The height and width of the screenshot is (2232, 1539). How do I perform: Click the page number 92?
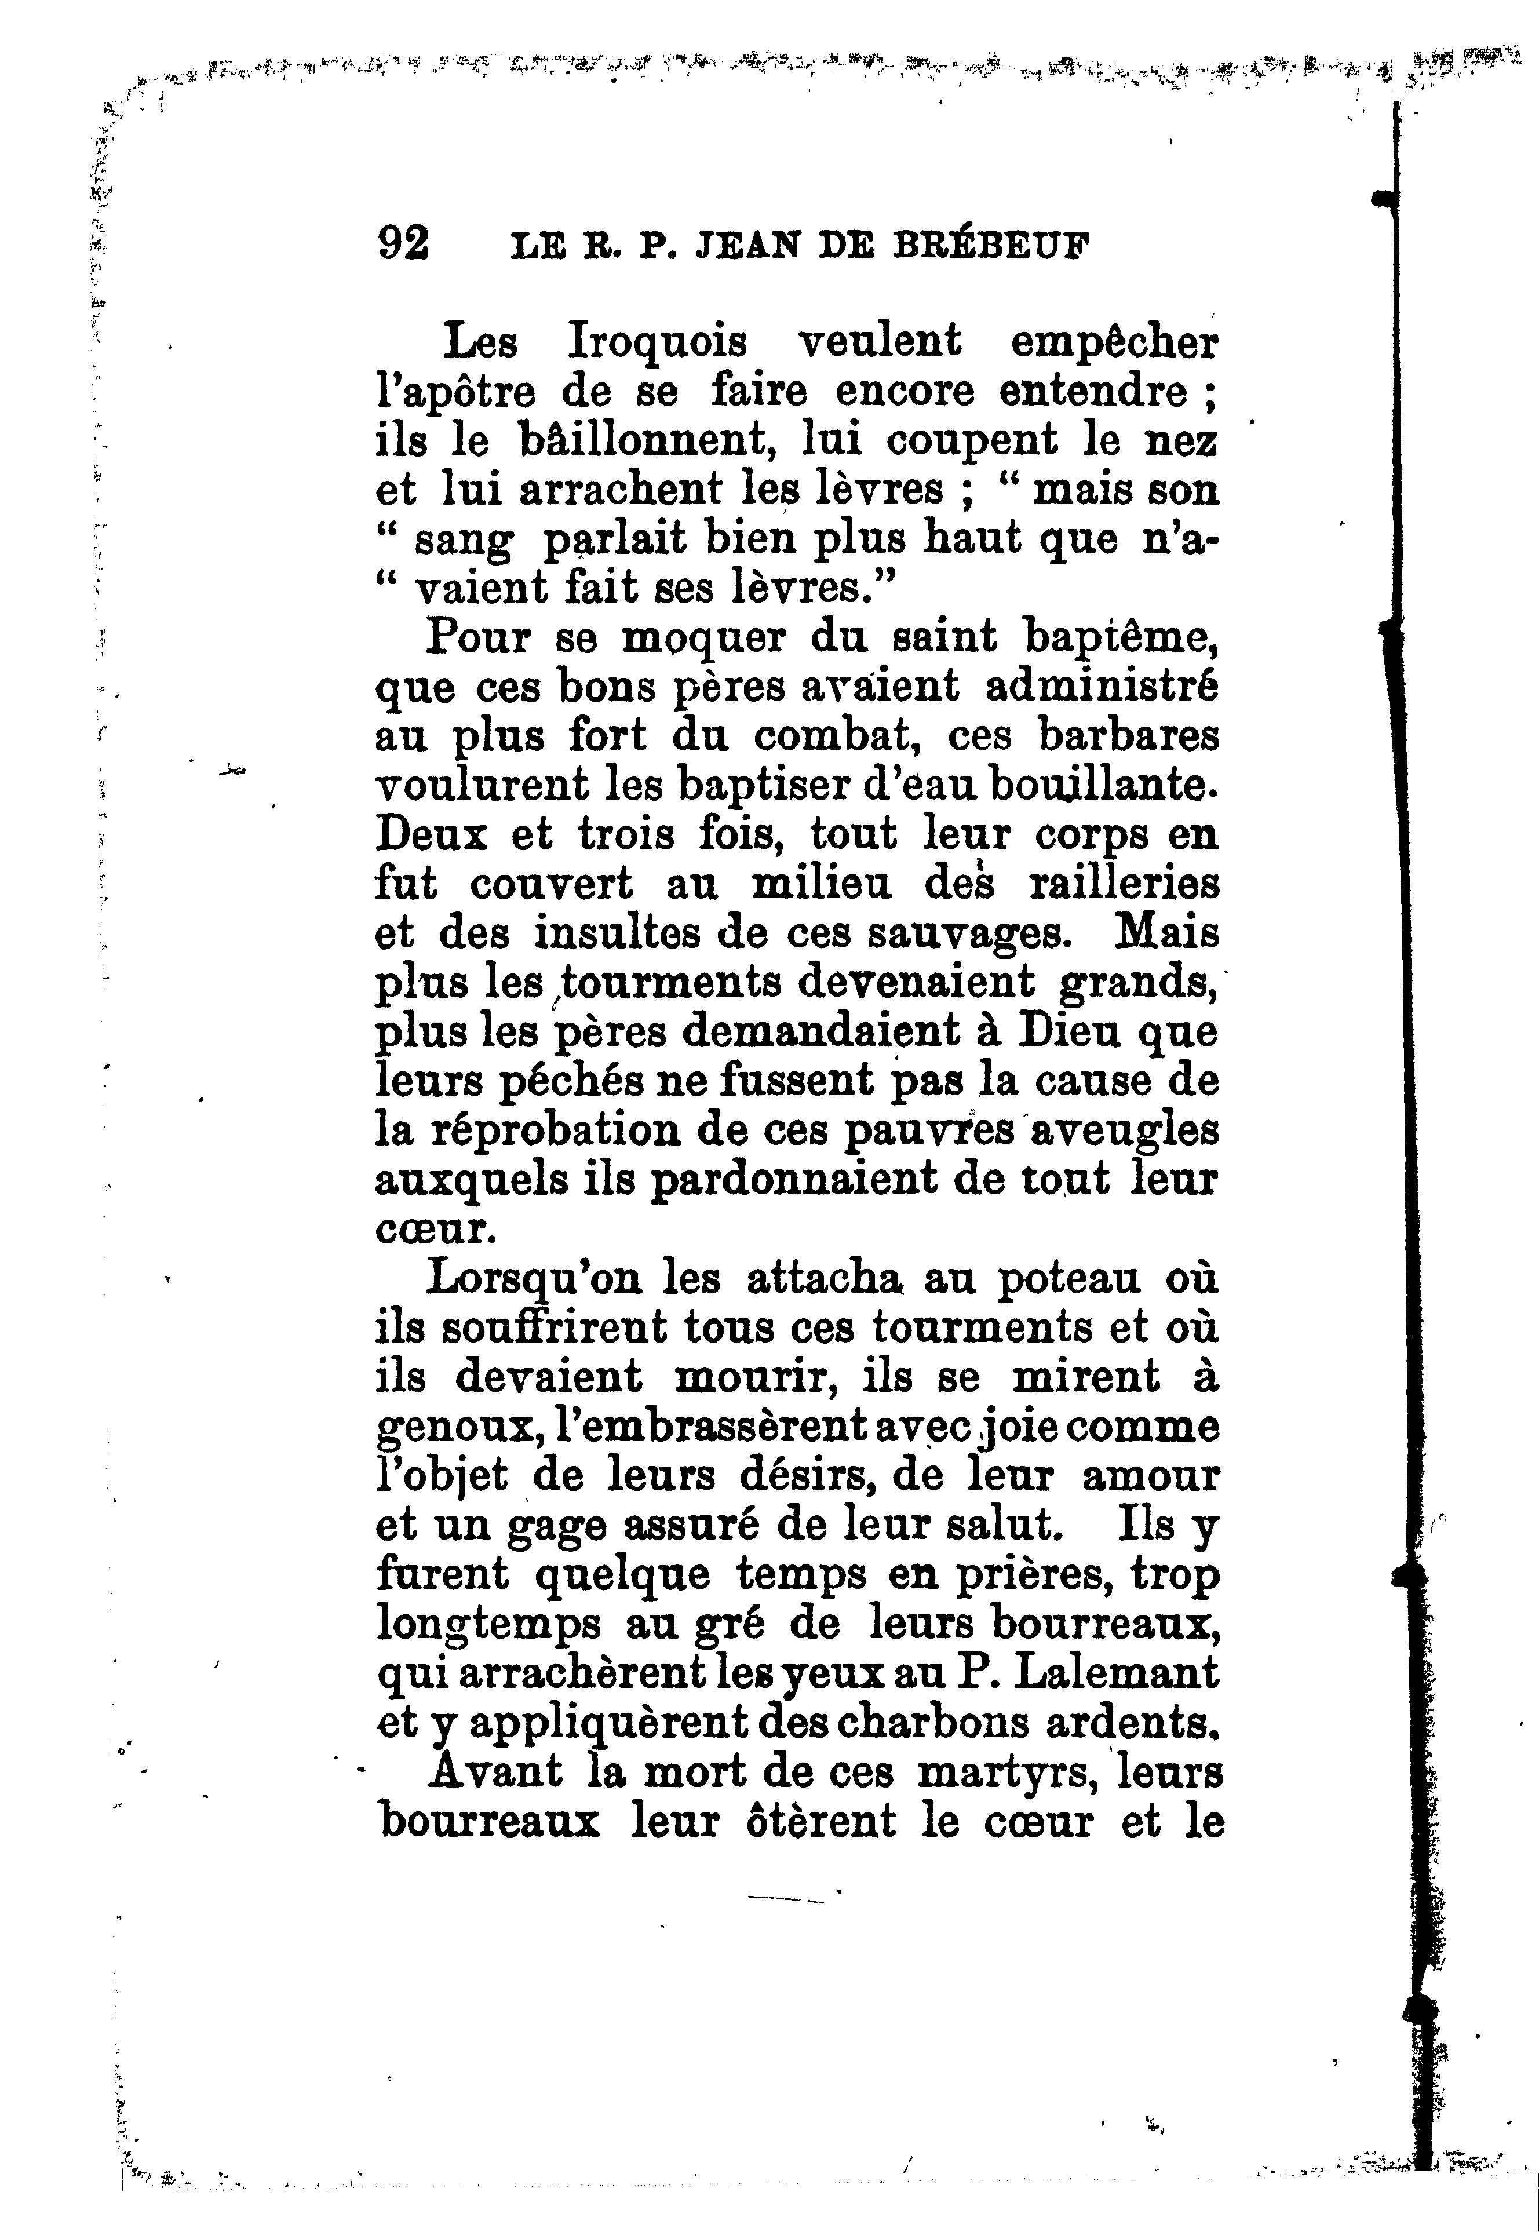pos(403,244)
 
